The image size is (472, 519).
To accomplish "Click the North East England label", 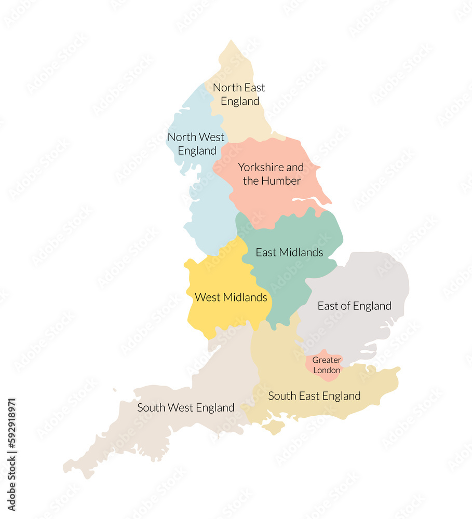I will pos(239,94).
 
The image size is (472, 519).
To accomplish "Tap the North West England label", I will pos(196,144).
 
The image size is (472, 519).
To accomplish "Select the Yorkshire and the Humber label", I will pos(271,174).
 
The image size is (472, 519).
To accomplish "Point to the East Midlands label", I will pos(289,253).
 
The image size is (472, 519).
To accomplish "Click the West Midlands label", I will pos(231,297).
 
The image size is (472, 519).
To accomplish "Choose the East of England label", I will pos(354,306).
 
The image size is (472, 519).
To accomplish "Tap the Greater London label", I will pos(327,365).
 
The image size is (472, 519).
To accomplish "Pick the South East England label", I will pos(314,396).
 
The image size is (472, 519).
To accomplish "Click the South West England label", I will pos(185,408).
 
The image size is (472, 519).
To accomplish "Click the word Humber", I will pos(281,181).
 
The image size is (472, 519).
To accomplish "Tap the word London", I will pos(327,370).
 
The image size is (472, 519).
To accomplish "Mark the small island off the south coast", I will pos(274,427).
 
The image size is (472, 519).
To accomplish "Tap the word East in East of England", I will pos(328,306).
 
